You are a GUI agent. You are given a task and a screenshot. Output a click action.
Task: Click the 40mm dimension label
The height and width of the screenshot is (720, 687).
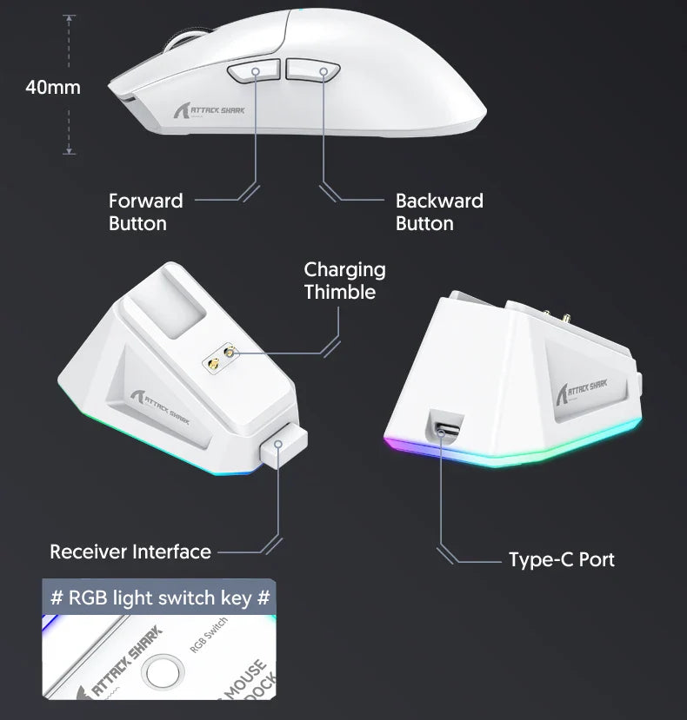tap(52, 87)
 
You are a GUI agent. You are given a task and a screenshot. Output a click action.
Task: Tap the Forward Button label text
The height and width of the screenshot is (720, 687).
tap(145, 212)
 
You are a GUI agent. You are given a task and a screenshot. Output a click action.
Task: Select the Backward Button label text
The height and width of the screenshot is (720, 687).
tap(439, 212)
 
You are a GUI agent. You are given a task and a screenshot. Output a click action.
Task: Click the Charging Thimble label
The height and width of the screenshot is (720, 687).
tap(344, 281)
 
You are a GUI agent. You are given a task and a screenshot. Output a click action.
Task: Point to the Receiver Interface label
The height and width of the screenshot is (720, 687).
tap(130, 552)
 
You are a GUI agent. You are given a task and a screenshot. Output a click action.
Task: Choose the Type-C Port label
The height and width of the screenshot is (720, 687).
tap(561, 559)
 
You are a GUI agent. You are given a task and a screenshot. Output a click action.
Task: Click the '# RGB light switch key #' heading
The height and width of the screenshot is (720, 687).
tap(160, 598)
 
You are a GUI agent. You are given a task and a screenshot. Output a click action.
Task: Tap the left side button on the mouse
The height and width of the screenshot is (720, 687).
tap(254, 72)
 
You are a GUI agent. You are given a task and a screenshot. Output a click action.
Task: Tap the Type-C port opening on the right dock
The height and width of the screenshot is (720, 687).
tap(444, 426)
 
